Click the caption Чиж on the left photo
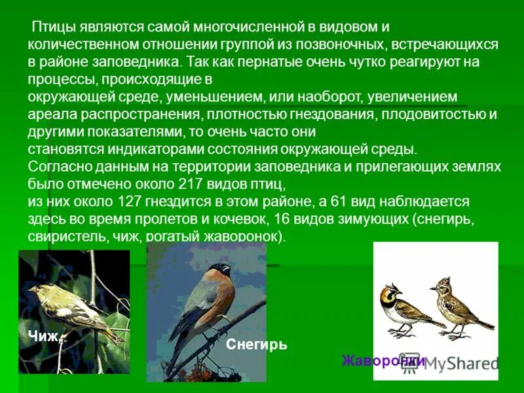tap(43, 337)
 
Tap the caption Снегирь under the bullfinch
tap(256, 345)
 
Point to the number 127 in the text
tap(136, 200)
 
